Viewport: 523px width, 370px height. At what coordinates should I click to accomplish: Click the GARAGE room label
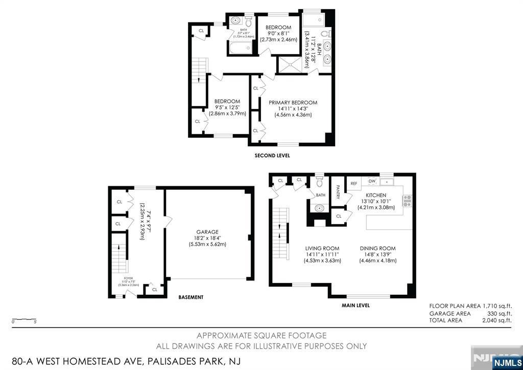point(207,232)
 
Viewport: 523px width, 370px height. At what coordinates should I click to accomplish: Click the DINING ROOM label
point(377,249)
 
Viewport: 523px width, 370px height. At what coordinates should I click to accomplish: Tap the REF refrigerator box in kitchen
point(353,183)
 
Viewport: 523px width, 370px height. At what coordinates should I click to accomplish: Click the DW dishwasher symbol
point(372,181)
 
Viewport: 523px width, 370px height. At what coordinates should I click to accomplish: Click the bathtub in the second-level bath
point(240,49)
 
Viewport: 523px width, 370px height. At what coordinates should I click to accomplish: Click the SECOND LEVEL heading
point(272,156)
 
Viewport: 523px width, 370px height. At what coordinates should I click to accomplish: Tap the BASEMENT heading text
point(191,297)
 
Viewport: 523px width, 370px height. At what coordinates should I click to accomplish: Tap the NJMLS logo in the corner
point(507,363)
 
